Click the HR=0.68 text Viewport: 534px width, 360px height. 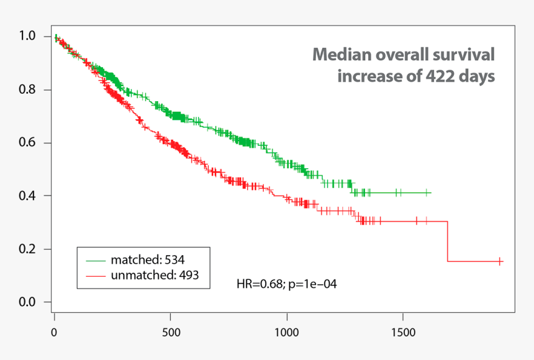260,284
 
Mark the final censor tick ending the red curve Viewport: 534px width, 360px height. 500,262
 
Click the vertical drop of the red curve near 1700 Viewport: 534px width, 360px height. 448,241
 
